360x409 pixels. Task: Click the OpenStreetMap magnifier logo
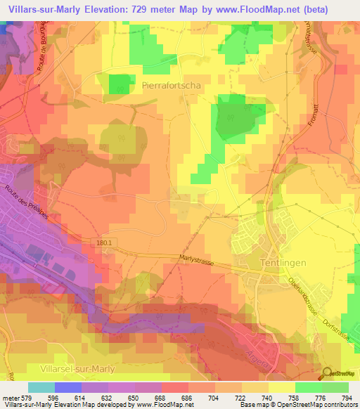[327, 372]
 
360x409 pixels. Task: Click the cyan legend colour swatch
[41, 387]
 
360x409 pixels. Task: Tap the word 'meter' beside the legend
[8, 397]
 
